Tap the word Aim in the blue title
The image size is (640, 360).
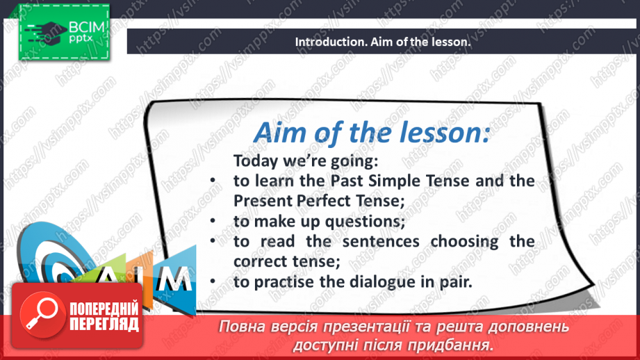point(279,132)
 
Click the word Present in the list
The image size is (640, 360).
point(263,202)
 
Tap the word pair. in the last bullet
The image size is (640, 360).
point(452,283)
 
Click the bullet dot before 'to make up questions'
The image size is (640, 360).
point(213,222)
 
